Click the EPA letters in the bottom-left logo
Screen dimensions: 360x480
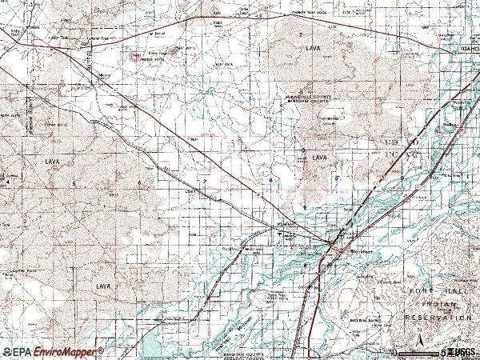22,352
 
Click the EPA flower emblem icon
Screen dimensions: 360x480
6,352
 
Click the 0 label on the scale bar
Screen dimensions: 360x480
394,352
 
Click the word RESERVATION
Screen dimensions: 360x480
437,318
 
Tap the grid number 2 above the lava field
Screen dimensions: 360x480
300,34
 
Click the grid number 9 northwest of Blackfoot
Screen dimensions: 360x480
305,207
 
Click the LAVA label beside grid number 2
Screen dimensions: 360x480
312,49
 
